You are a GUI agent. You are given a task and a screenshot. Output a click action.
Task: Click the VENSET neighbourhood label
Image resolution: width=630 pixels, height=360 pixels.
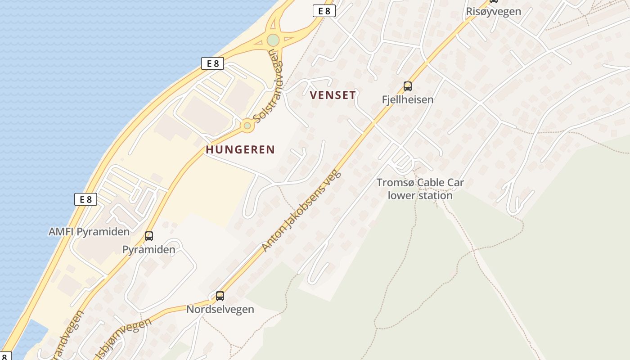click(x=333, y=95)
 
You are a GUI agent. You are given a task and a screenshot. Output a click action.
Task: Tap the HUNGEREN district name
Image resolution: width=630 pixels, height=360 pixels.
click(x=240, y=150)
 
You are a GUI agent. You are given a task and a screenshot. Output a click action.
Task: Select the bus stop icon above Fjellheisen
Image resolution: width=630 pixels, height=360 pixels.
click(x=407, y=86)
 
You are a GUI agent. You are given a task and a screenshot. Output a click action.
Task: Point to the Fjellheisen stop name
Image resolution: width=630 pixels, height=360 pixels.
click(x=407, y=99)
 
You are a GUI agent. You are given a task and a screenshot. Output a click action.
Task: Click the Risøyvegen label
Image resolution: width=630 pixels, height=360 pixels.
click(x=493, y=12)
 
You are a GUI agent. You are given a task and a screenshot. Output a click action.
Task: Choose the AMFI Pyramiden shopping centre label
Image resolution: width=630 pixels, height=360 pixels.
click(x=89, y=232)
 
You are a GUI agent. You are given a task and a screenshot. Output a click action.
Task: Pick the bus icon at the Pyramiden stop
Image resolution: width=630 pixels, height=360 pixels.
click(x=148, y=236)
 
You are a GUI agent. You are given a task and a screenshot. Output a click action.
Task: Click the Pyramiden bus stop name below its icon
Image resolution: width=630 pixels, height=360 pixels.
click(x=148, y=250)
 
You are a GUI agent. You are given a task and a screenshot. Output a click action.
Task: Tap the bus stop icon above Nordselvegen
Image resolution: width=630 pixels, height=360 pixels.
click(x=220, y=296)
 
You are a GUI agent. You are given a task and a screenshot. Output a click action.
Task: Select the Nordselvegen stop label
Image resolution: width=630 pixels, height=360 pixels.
click(x=220, y=310)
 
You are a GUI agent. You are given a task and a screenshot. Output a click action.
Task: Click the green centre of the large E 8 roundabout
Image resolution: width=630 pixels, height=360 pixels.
click(x=273, y=40)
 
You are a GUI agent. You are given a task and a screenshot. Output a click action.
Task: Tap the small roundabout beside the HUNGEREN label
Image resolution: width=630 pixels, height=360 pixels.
click(x=247, y=126)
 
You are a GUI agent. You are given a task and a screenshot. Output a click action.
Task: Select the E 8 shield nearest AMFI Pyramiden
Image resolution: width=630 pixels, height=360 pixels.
click(x=85, y=199)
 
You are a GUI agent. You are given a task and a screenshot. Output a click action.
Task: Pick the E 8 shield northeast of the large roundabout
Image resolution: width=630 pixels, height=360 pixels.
click(x=324, y=11)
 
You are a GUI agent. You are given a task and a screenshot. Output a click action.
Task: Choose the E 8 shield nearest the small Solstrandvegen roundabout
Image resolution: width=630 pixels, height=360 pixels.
click(x=212, y=63)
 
